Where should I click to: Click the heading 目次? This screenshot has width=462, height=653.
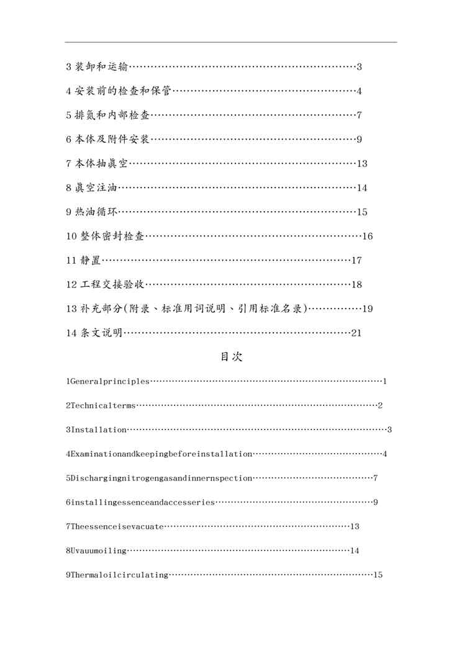(x=231, y=357)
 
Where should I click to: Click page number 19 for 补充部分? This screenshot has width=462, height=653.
(x=367, y=309)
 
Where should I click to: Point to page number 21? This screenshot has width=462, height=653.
(x=356, y=333)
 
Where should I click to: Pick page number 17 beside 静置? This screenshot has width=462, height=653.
(x=356, y=261)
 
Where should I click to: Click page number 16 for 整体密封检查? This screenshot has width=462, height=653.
(x=367, y=236)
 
